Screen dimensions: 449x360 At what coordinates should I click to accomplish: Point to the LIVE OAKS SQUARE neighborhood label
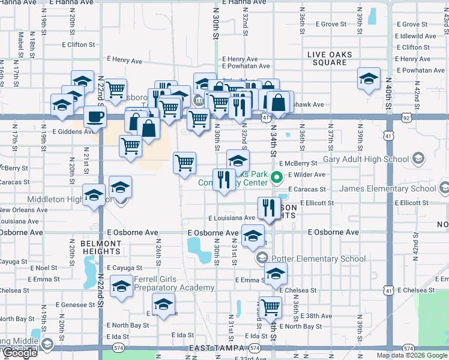click(330, 58)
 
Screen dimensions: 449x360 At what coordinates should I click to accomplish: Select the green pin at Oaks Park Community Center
click(277, 177)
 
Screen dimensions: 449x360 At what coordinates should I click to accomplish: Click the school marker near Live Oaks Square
click(369, 79)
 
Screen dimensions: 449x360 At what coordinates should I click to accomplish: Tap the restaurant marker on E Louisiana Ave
click(267, 208)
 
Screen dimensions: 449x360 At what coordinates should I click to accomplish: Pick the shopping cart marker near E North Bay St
click(271, 307)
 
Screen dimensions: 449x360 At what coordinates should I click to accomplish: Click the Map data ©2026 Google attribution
click(412, 355)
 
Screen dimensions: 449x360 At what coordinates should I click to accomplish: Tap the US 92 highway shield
click(407, 118)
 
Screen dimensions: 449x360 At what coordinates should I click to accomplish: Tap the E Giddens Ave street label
click(73, 131)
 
